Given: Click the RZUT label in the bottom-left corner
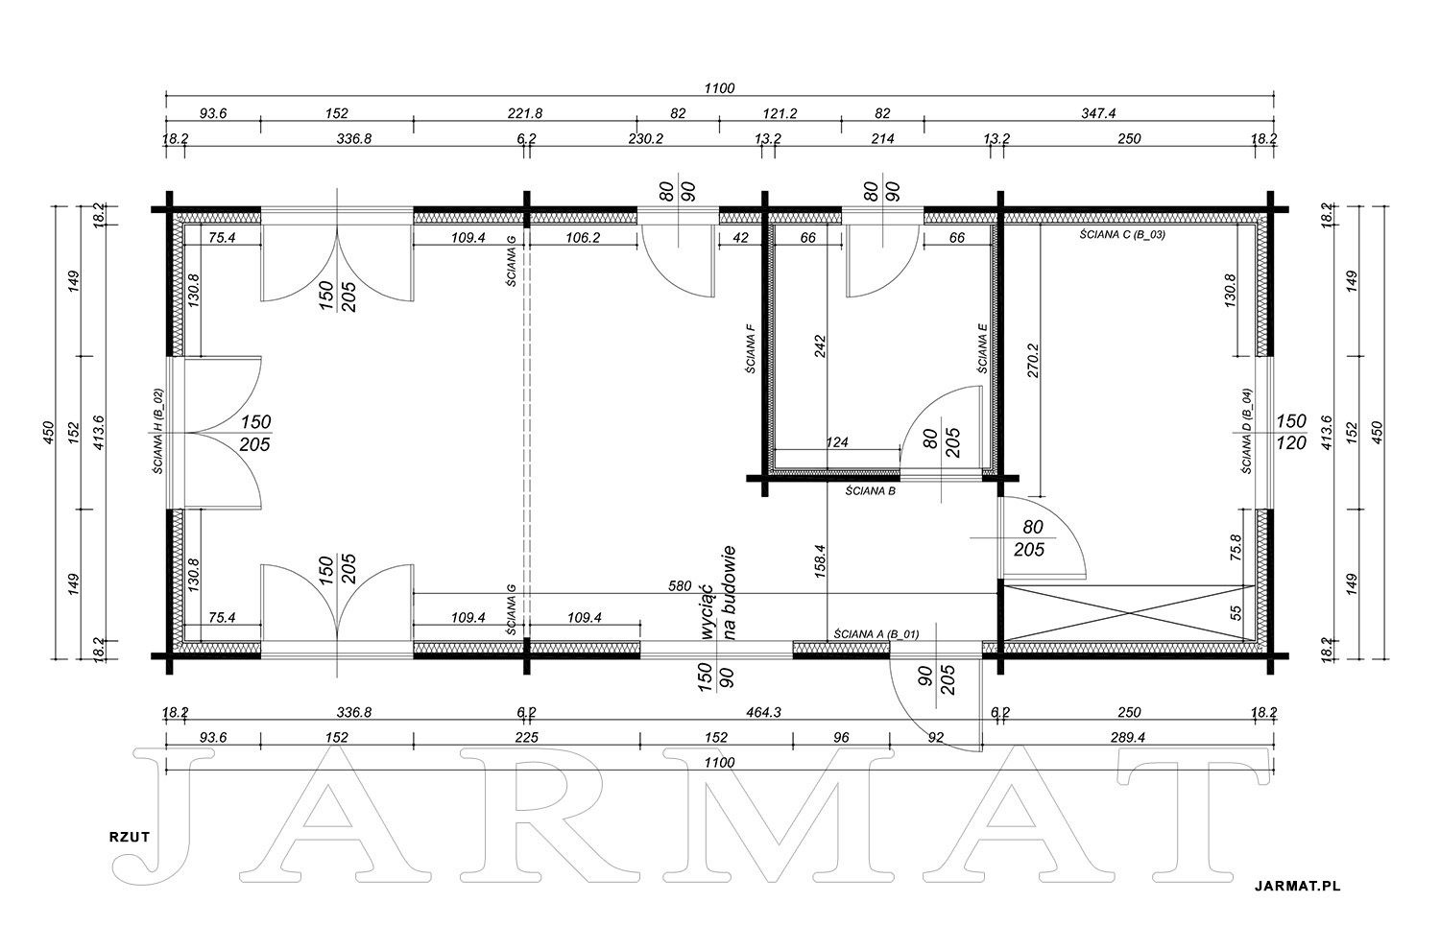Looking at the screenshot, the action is (x=130, y=837).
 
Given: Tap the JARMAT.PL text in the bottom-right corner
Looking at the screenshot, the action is (x=1297, y=886).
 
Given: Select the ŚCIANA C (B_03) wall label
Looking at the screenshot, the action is (x=1122, y=234).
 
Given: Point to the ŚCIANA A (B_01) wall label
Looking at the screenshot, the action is (x=876, y=634).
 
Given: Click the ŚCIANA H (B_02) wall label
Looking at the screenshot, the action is (x=158, y=431).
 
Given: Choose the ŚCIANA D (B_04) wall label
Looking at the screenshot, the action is (x=1246, y=431).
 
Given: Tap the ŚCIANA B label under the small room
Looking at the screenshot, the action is (x=870, y=491).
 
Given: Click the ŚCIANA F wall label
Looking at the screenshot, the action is (x=750, y=349).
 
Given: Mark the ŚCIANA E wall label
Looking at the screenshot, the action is (x=982, y=347).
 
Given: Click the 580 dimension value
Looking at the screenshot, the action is (x=680, y=585).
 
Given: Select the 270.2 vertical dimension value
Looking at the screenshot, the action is (x=1033, y=361).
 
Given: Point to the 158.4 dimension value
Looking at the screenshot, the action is (x=820, y=561).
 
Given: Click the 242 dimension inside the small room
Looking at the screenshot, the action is (x=820, y=346).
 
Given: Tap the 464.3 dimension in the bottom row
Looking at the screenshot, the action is (x=763, y=712).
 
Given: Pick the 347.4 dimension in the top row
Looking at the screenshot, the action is (x=1098, y=114).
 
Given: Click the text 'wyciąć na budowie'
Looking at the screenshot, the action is (x=717, y=592).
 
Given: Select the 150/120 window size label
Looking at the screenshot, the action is (x=1291, y=432).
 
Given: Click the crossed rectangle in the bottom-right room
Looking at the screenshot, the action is (x=1129, y=613).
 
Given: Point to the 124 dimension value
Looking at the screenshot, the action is (x=837, y=442).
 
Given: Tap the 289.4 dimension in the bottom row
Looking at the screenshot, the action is (x=1128, y=738).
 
